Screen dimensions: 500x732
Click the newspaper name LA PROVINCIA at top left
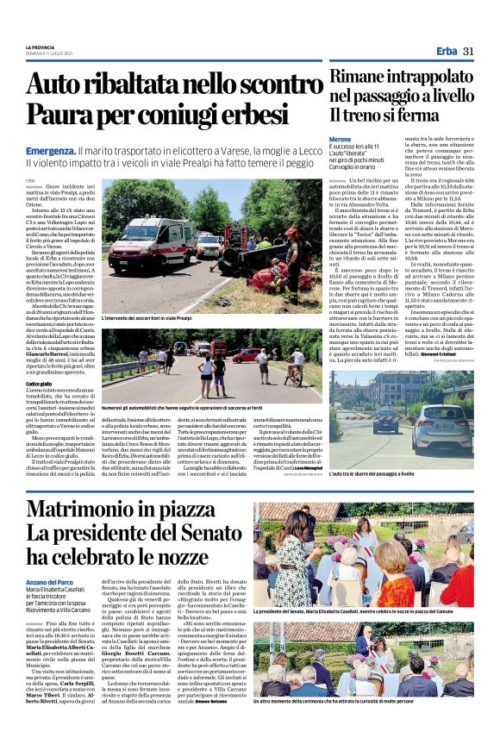(41, 47)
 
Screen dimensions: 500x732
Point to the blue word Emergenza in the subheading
(50, 150)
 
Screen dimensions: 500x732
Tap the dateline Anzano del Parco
(50, 583)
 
